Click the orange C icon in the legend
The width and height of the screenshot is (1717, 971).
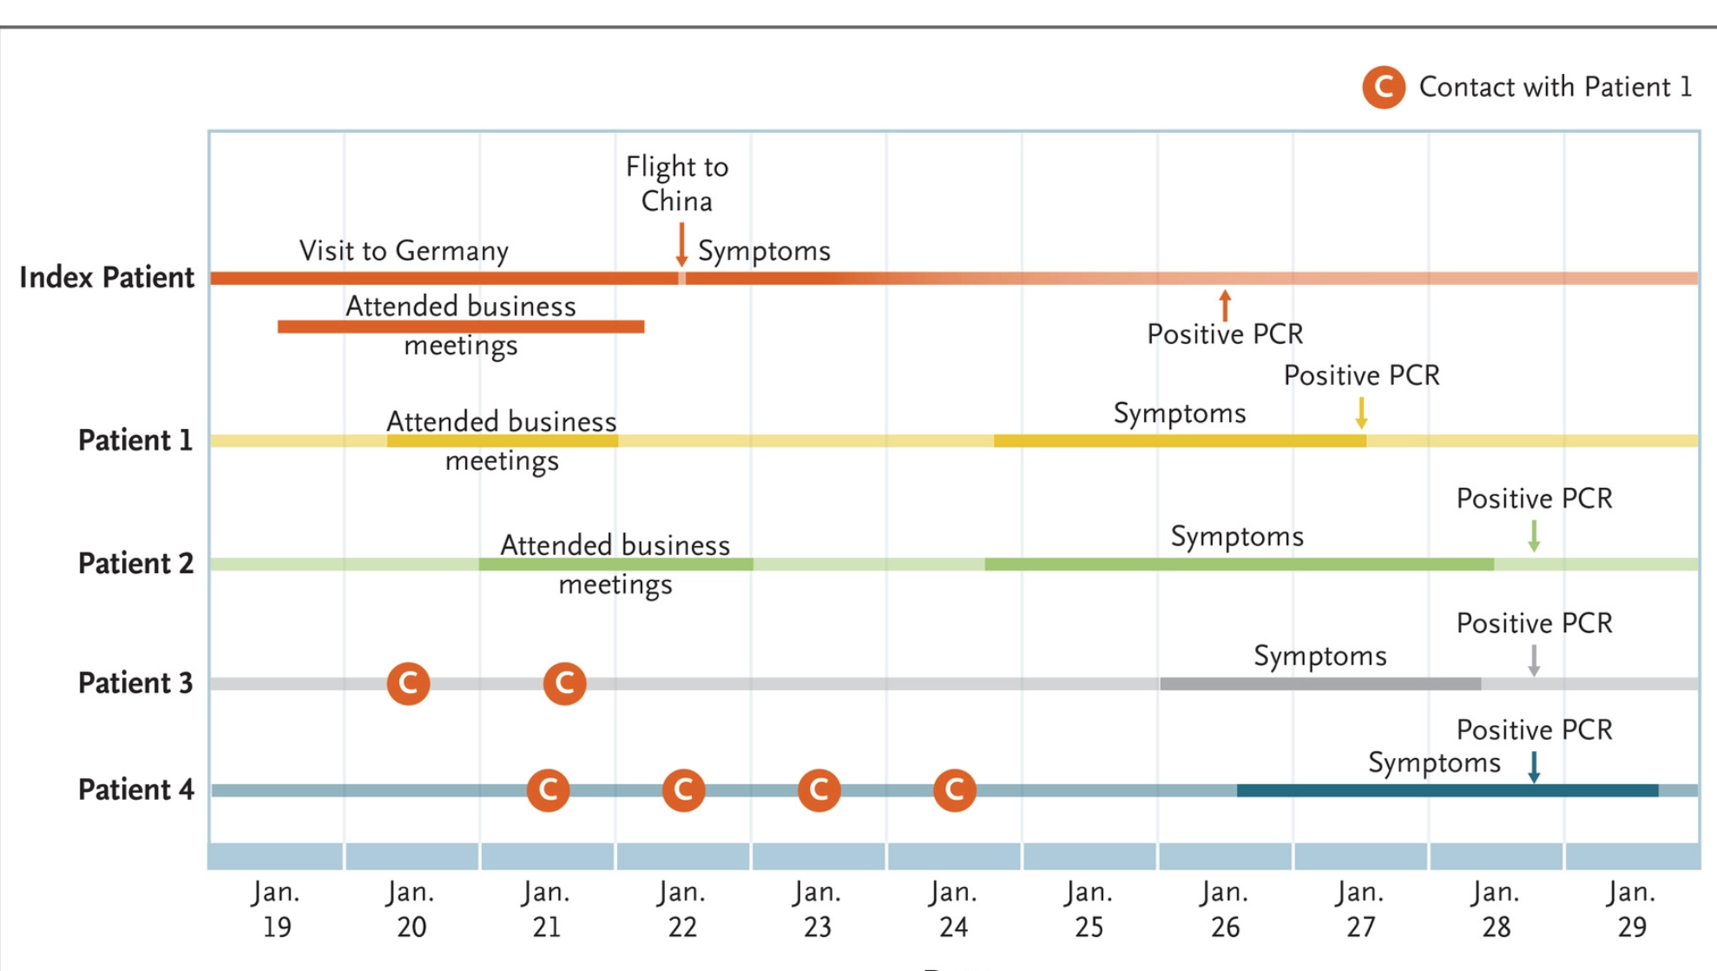(1383, 88)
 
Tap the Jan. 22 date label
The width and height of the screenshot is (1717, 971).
(681, 909)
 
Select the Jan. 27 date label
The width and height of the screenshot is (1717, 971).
(1360, 909)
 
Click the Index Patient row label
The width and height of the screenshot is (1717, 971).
(107, 277)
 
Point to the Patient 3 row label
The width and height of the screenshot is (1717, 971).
(135, 683)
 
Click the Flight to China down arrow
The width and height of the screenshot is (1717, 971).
(681, 244)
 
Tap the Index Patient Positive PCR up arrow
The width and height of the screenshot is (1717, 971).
(1225, 305)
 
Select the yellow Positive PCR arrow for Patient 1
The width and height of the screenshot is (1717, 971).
(1361, 413)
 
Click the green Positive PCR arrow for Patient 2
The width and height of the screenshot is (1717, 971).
(1534, 536)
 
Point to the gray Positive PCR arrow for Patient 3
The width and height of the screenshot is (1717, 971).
(1534, 660)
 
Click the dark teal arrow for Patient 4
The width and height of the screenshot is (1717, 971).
(1534, 767)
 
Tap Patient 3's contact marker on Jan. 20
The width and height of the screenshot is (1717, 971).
(408, 684)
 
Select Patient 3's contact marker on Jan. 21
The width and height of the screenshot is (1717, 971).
(564, 684)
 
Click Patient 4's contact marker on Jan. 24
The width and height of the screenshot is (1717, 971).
(954, 790)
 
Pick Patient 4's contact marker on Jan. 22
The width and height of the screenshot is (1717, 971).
(683, 790)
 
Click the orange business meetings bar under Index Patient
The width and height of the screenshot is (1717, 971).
(460, 327)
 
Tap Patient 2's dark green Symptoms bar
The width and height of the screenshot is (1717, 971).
(1239, 565)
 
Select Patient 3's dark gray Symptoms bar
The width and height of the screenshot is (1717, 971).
(1319, 684)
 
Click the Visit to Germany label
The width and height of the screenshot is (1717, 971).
(404, 251)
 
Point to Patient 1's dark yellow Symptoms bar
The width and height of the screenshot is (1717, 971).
(1179, 441)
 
